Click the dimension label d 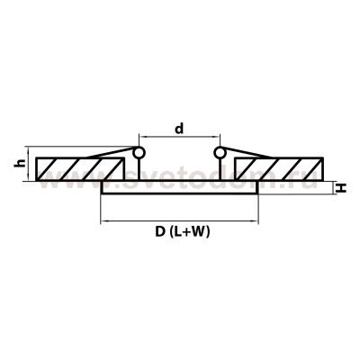(179, 129)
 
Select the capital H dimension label (341, 188)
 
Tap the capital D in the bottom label (160, 231)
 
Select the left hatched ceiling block (79, 169)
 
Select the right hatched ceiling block (279, 169)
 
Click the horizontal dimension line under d (179, 137)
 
